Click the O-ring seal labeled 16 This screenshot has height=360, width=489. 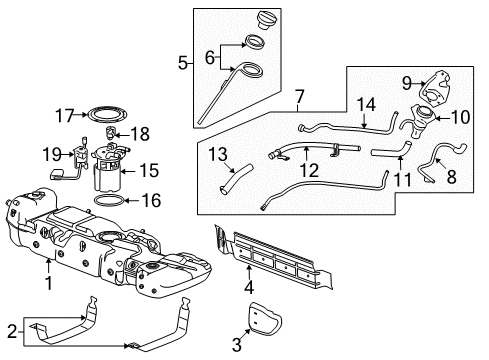pyautogui.click(x=110, y=201)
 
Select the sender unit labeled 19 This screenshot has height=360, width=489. pyautogui.click(x=78, y=156)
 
